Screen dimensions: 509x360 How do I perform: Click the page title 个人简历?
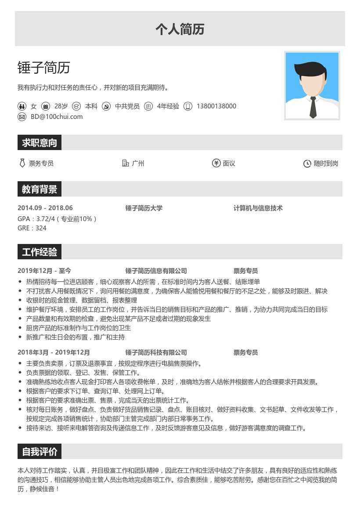tap(180, 29)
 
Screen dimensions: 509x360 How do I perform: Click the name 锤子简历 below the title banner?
tap(43, 68)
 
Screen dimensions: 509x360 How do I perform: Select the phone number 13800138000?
tap(216, 106)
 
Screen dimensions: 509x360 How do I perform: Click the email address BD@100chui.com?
tap(57, 117)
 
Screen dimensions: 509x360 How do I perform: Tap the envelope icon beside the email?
tap(22, 117)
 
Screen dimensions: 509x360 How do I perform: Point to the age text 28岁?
tap(61, 106)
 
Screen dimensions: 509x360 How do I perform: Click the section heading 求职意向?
tap(40, 143)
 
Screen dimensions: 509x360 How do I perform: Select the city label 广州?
tap(138, 164)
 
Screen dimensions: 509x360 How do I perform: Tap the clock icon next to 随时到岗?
tap(307, 164)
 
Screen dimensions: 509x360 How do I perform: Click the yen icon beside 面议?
tap(216, 163)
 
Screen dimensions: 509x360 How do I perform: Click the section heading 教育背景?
tap(40, 190)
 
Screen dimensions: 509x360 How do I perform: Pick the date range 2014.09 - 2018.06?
tap(45, 208)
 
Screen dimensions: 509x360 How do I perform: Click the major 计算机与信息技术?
tap(258, 208)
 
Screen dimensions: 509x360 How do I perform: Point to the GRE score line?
tap(32, 228)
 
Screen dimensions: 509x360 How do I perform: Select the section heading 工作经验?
tap(40, 252)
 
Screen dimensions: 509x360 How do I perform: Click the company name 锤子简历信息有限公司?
tap(156, 271)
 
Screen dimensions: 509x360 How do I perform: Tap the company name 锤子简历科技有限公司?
tap(156, 352)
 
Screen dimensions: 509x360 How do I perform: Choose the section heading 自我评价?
tap(40, 452)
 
